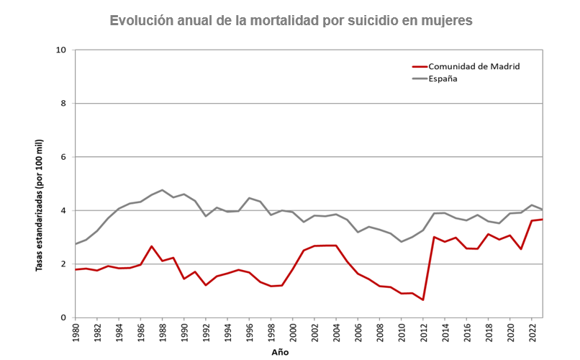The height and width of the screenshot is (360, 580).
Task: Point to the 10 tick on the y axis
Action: click(61, 50)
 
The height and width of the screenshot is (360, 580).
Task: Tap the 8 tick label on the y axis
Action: click(63, 104)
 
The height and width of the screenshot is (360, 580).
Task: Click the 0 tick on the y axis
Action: click(63, 318)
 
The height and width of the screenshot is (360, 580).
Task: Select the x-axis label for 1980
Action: click(76, 333)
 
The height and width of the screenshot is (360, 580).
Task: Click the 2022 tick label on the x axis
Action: click(532, 333)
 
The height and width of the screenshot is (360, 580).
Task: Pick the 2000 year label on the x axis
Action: click(293, 333)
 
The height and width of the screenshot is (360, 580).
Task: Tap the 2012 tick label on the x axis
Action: click(423, 333)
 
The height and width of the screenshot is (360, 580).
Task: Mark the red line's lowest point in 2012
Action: click(423, 300)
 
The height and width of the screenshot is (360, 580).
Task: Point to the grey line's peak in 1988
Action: click(163, 190)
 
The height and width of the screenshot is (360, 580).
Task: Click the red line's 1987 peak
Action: click(152, 246)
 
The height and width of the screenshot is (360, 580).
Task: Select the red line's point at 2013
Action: click(434, 237)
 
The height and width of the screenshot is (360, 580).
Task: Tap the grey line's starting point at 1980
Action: click(76, 244)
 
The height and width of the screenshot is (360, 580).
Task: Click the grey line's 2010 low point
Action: click(402, 241)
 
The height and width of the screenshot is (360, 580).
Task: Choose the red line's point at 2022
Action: click(532, 220)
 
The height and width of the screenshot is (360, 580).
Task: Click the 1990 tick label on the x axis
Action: click(184, 333)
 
